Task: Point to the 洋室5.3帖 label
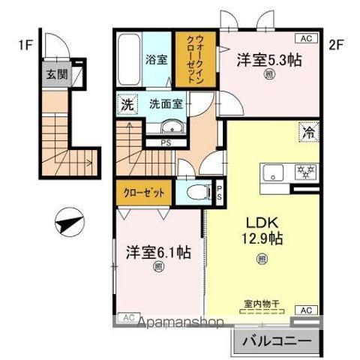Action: (269, 59)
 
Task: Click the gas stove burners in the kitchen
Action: (306, 170)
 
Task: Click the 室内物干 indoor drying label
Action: (262, 304)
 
